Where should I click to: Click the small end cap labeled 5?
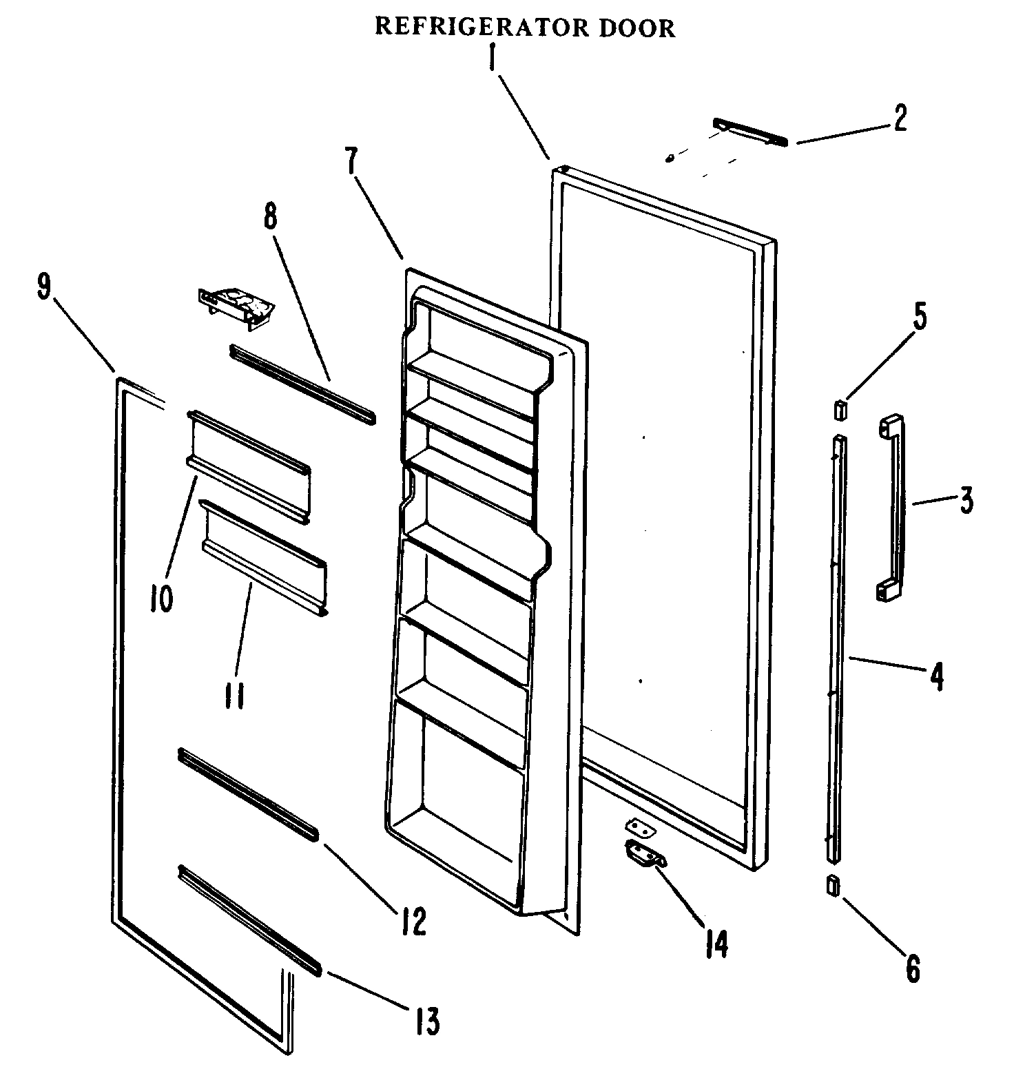coord(839,411)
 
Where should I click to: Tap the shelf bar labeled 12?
coord(248,795)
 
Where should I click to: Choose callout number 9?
coord(45,286)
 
